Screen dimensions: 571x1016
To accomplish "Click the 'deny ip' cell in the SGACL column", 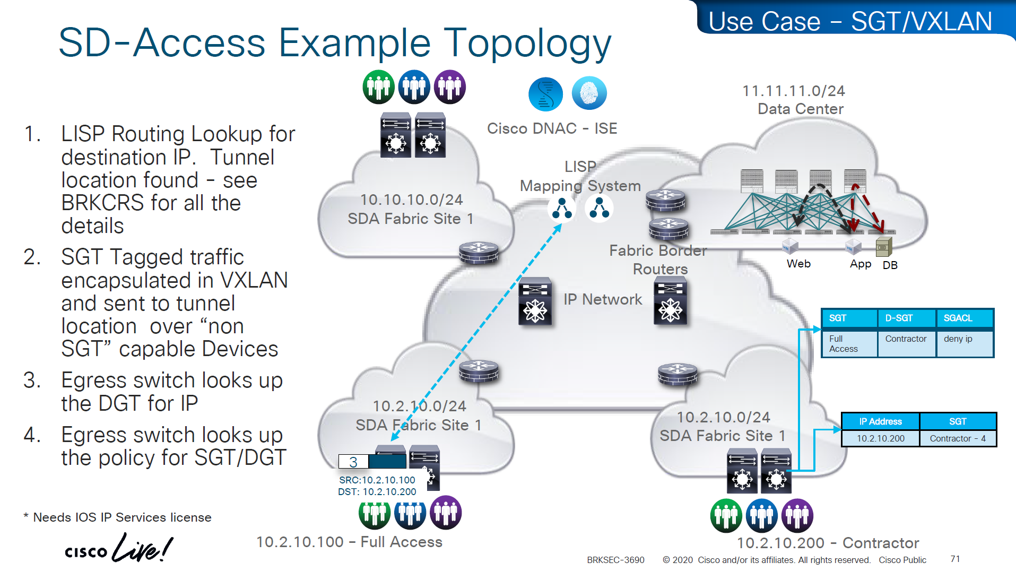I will point(958,339).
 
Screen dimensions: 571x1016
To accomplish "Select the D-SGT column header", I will point(899,318).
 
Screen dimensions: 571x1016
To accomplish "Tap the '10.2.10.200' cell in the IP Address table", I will point(880,438).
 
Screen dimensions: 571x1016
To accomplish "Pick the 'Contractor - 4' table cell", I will point(958,438).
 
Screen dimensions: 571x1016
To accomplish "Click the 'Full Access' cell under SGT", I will point(843,344).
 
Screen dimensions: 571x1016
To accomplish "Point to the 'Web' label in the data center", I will point(798,264).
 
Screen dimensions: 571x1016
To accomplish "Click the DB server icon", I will point(883,247).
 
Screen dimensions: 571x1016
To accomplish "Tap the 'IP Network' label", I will point(603,300).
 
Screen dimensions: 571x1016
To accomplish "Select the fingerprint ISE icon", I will point(589,93).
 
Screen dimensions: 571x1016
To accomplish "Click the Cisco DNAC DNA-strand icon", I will point(545,94).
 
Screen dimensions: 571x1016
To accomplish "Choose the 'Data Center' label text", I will point(800,109).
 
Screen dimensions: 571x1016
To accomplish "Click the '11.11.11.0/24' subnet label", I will point(793,91).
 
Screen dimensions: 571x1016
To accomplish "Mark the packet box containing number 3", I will point(353,462).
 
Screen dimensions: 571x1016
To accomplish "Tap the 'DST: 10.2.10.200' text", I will point(377,492).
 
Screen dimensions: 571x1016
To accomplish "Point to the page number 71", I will point(955,559).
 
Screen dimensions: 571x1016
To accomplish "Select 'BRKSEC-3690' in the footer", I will point(615,560).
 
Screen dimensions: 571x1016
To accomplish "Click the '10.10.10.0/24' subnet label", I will point(411,200).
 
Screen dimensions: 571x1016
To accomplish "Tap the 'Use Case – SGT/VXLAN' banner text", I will point(850,22).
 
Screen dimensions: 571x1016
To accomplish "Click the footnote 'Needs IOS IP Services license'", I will point(122,517).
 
